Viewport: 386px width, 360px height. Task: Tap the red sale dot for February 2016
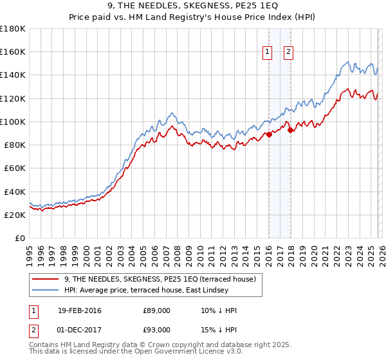[x=269, y=134]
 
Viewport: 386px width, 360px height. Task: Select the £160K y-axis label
[x=14, y=51]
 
